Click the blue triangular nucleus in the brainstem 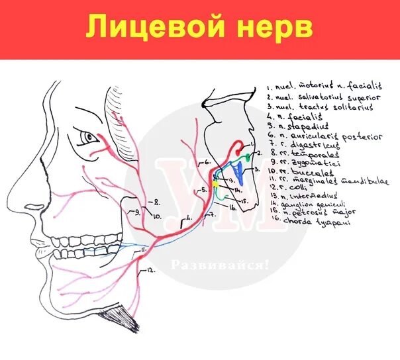tap(239, 175)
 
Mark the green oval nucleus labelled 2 tap(246, 157)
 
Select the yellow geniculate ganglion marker tap(215, 177)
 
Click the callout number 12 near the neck tap(150, 270)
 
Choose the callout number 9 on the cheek tap(137, 212)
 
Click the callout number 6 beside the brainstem tap(206, 161)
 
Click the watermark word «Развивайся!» tap(220, 265)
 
